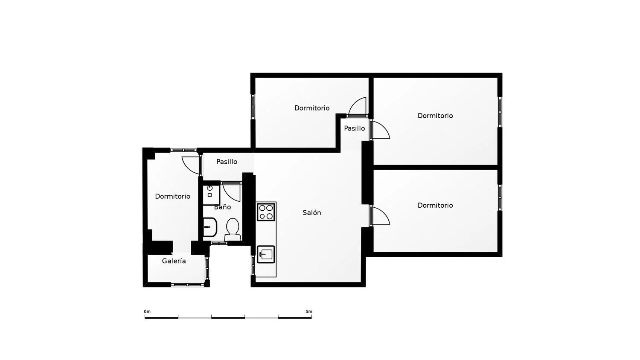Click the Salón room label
pos(312,212)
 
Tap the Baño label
pos(223,207)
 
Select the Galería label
pos(174,261)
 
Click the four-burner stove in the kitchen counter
pos(266,212)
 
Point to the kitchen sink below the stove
pos(266,254)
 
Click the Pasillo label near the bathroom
pos(227,162)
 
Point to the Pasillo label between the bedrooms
pos(354,128)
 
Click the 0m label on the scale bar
pos(147,311)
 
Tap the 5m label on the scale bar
pos(309,311)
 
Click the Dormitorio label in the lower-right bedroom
pos(435,205)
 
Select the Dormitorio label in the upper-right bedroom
pos(435,116)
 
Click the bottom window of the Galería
pos(187,285)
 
